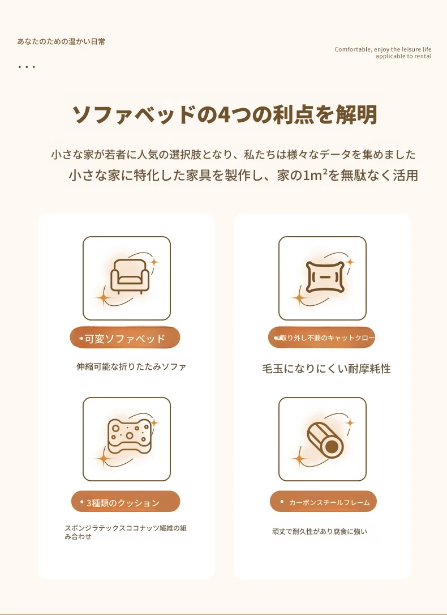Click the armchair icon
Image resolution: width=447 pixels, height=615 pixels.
(x=130, y=276)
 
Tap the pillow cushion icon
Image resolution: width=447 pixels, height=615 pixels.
(x=325, y=277)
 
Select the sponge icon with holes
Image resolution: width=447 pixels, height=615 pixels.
(x=129, y=436)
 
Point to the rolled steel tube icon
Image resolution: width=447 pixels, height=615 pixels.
(x=325, y=440)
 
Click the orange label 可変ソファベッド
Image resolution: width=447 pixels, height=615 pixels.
(x=125, y=338)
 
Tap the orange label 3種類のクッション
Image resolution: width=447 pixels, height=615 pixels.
(x=126, y=502)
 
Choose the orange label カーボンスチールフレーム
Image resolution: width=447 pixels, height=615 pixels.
(x=323, y=502)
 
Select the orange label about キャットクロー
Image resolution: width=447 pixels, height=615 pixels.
(x=321, y=338)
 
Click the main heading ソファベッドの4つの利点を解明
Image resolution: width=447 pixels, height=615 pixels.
(x=225, y=114)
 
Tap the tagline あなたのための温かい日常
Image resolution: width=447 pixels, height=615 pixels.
(x=61, y=41)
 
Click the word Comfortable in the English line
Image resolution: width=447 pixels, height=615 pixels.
(x=353, y=49)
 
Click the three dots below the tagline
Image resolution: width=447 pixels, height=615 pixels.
(x=27, y=67)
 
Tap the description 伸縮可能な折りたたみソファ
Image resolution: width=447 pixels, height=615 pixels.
(x=131, y=367)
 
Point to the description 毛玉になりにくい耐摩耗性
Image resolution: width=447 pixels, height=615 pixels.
(x=326, y=369)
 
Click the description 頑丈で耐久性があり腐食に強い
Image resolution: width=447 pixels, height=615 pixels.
(x=320, y=531)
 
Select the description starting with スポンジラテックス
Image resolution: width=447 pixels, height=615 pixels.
(x=126, y=532)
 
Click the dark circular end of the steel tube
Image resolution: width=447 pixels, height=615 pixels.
(x=332, y=446)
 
